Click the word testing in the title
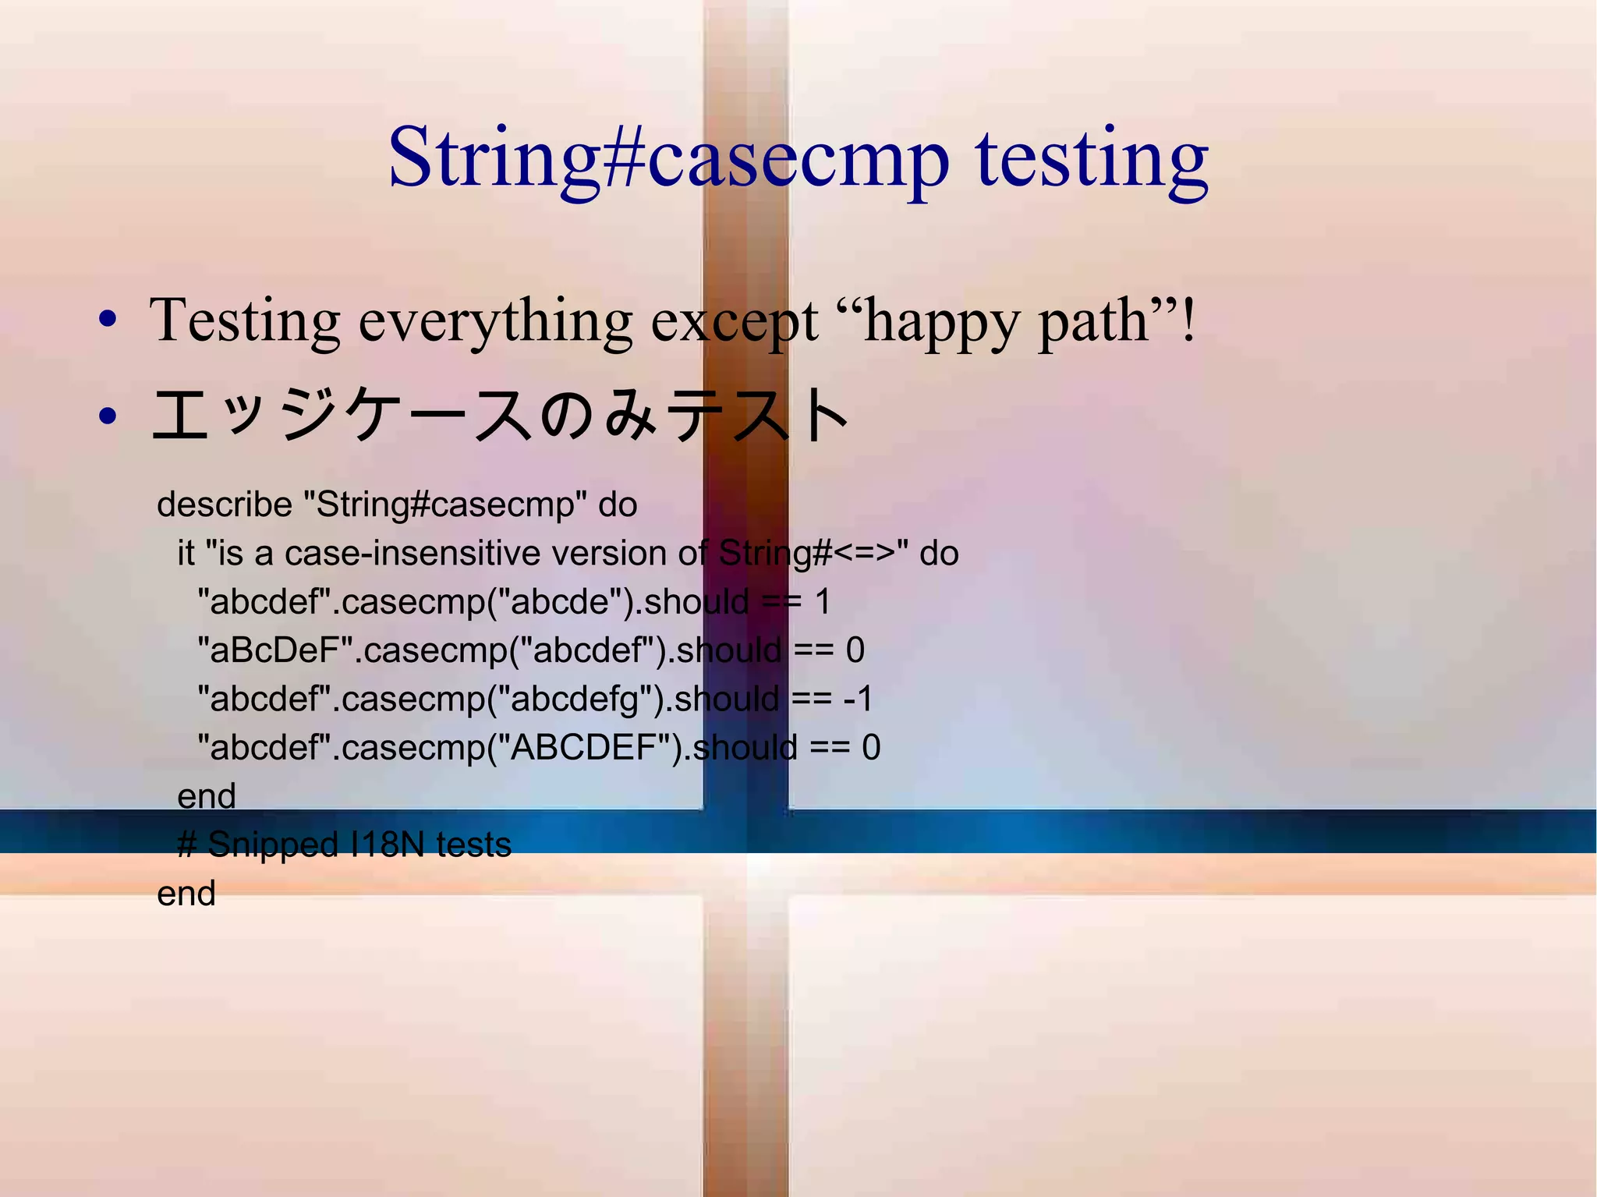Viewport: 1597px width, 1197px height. (1091, 160)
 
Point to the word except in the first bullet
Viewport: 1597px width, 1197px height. (734, 321)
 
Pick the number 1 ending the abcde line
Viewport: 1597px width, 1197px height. (822, 602)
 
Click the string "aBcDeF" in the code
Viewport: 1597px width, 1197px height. (276, 650)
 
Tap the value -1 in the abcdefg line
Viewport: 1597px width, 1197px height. (858, 699)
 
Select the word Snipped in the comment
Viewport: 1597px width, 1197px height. (272, 845)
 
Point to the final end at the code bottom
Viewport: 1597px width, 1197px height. (186, 894)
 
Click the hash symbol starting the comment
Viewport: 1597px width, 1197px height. (186, 845)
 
